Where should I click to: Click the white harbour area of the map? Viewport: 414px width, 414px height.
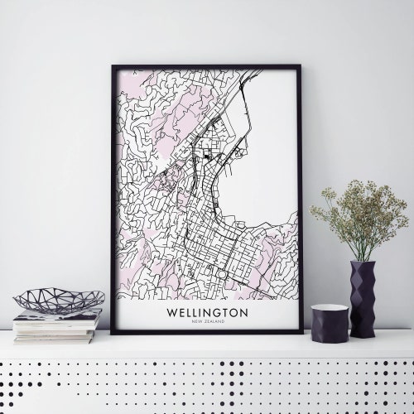click(x=265, y=166)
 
